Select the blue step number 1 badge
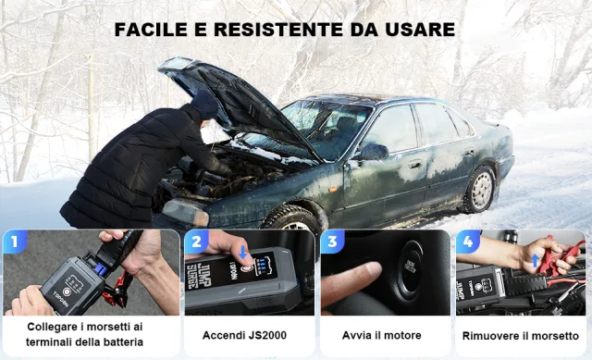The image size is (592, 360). (x=14, y=243)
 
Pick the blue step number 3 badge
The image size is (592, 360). (x=330, y=243)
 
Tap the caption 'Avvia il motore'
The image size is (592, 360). (x=382, y=335)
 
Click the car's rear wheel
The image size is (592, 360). (x=479, y=189)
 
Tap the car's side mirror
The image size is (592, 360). (x=373, y=152)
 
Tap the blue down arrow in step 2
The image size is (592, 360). (x=242, y=253)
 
